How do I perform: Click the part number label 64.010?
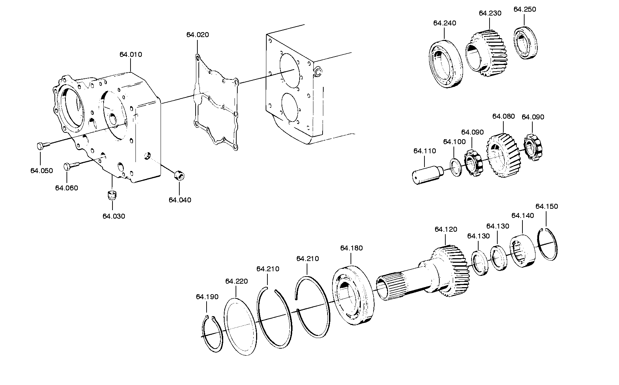[x=131, y=54]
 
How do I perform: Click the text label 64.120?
[x=446, y=229]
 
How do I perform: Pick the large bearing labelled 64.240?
[x=446, y=64]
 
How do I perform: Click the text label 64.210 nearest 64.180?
[x=307, y=259]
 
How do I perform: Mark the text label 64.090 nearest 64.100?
[x=472, y=132]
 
